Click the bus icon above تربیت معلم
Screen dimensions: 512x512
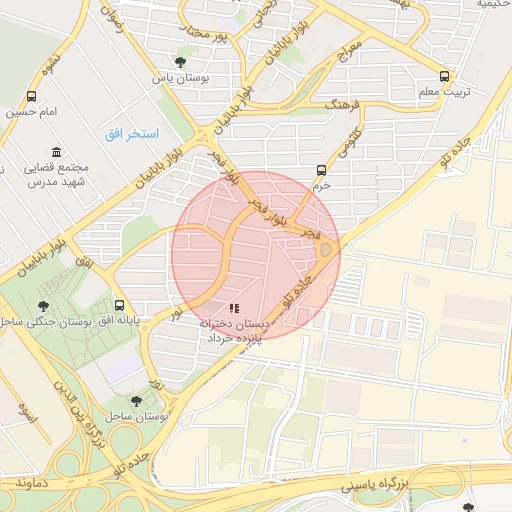pyautogui.click(x=445, y=75)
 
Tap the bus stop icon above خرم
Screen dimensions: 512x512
pyautogui.click(x=321, y=170)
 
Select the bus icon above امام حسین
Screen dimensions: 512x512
pyautogui.click(x=33, y=97)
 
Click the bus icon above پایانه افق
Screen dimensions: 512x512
pyautogui.click(x=120, y=305)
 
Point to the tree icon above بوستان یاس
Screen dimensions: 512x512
pyautogui.click(x=181, y=62)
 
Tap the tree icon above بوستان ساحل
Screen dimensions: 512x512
pyautogui.click(x=136, y=400)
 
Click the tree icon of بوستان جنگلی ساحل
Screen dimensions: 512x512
pyautogui.click(x=43, y=306)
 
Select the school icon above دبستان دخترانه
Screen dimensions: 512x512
pyautogui.click(x=234, y=308)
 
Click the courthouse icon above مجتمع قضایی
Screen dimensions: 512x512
pyautogui.click(x=56, y=151)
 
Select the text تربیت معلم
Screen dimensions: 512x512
pyautogui.click(x=444, y=92)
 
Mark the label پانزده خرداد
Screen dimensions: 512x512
pyautogui.click(x=233, y=339)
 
